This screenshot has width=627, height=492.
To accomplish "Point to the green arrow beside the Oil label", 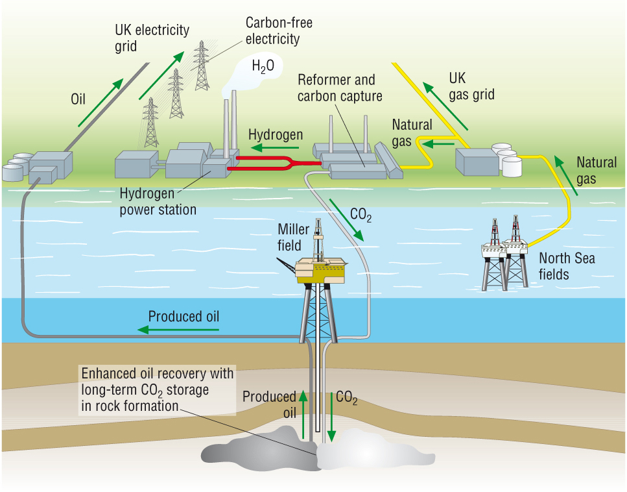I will (x=101, y=102).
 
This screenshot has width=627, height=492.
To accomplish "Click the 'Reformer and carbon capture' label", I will (x=340, y=88).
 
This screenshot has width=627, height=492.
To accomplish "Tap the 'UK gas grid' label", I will (x=471, y=86).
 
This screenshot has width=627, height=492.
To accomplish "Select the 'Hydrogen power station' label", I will (x=158, y=202).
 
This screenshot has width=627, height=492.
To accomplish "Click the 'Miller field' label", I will (x=289, y=237).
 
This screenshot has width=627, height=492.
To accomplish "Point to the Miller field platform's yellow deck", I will (x=320, y=270).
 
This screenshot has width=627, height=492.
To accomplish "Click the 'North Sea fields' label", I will (x=567, y=266).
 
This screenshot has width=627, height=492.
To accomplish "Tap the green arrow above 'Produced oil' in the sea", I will (x=179, y=330).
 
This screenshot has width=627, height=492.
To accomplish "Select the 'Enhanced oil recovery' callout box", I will (x=156, y=390).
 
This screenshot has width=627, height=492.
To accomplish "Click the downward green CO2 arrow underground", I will (x=332, y=416).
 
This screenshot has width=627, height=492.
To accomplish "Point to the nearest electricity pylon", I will (x=150, y=123).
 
